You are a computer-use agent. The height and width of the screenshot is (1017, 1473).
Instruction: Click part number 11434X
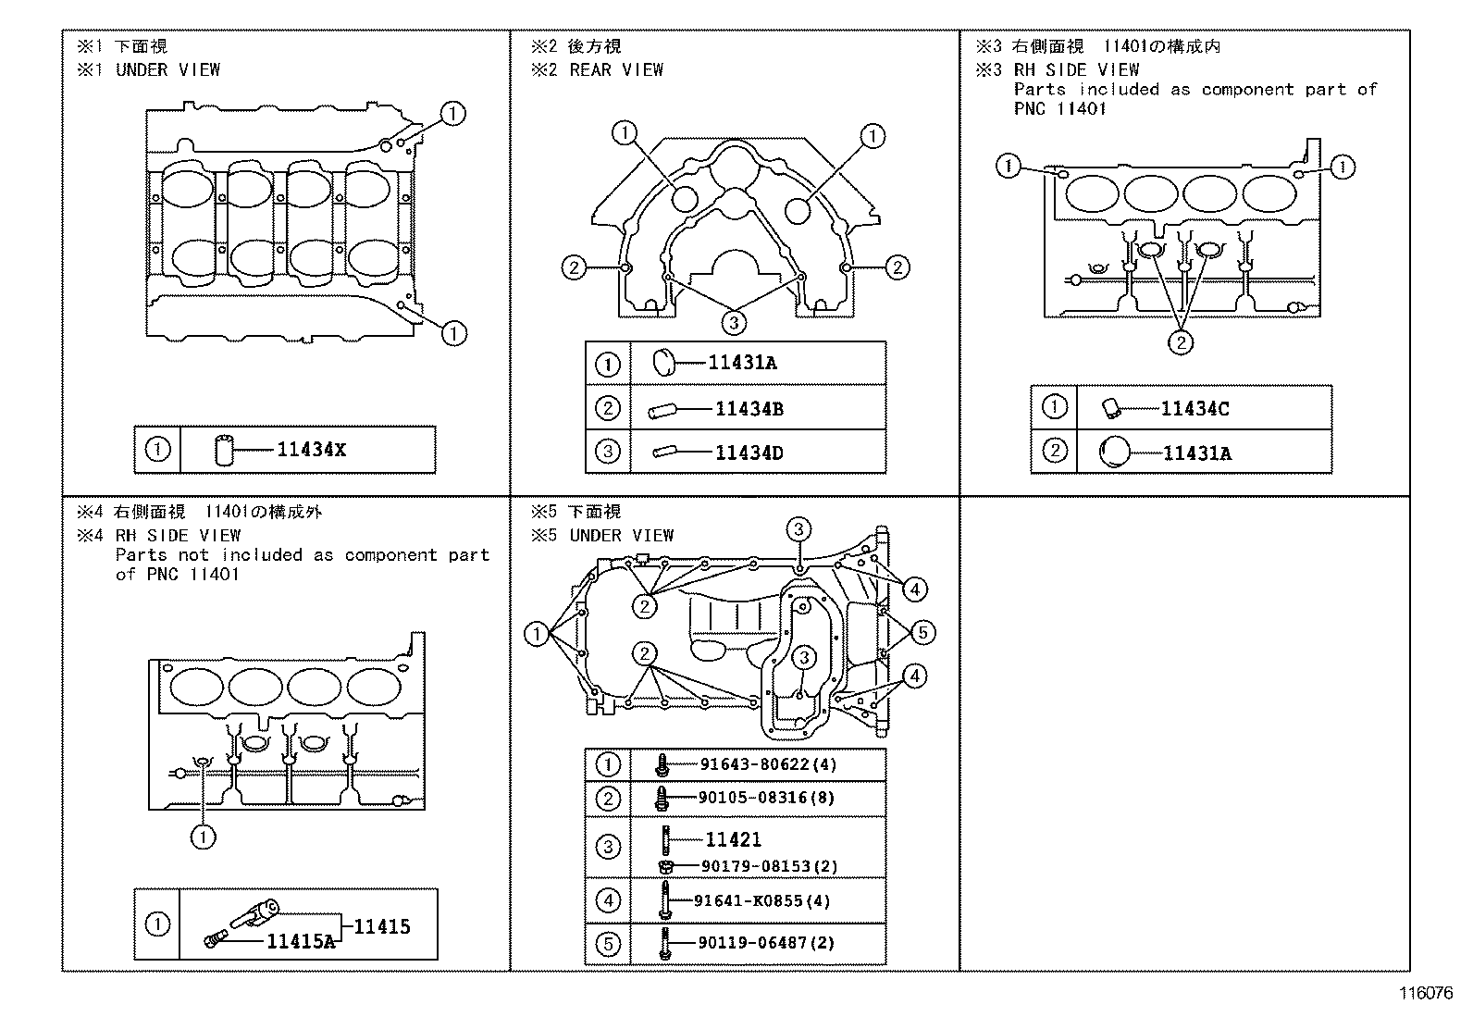[x=311, y=450]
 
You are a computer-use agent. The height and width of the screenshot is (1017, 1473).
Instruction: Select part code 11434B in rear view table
[x=749, y=409]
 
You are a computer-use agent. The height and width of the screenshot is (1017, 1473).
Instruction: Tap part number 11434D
[x=749, y=453]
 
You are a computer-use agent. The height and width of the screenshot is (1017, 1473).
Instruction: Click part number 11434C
[x=1194, y=409]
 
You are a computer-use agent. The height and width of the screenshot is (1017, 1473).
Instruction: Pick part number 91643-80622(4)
[x=767, y=764]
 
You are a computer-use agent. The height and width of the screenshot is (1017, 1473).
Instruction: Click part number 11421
[x=733, y=839]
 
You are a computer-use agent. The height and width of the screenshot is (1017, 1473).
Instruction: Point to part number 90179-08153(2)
[x=768, y=866]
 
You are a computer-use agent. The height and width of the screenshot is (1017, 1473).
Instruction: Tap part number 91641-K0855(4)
[x=764, y=900]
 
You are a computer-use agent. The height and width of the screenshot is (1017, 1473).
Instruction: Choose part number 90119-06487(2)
[x=766, y=943]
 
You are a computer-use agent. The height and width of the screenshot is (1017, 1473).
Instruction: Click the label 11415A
[x=300, y=941]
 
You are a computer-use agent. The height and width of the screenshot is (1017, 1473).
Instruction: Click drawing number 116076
[x=1425, y=994]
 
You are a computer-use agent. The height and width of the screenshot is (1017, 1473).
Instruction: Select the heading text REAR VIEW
[x=616, y=69]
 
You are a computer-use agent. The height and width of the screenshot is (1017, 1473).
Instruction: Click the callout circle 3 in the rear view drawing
[x=734, y=322]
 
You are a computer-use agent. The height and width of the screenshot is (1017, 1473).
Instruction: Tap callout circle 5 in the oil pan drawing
[x=922, y=633]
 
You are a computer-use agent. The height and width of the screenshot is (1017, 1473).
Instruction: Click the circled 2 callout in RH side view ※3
[x=1181, y=342]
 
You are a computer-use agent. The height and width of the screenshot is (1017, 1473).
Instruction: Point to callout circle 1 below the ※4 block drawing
[x=203, y=837]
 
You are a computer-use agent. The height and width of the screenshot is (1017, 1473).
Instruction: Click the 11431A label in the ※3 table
[x=1196, y=453]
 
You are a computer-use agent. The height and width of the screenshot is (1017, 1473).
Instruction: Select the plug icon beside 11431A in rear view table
[x=666, y=363]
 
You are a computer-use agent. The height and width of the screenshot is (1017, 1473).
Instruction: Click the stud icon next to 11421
[x=665, y=839]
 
